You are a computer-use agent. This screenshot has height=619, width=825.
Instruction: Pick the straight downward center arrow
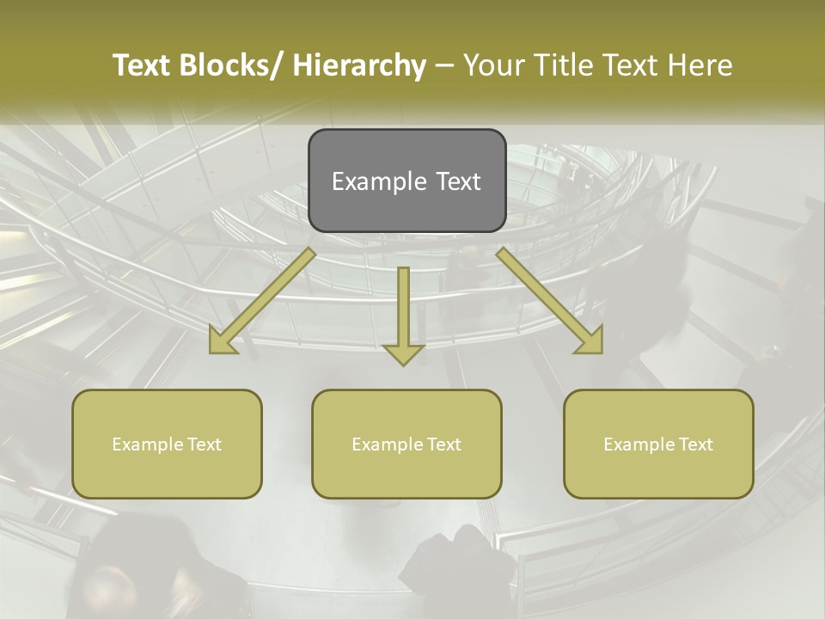tap(403, 309)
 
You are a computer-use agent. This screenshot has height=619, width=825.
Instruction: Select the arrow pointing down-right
tap(550, 301)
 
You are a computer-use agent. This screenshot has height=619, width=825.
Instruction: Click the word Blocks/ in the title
tap(232, 65)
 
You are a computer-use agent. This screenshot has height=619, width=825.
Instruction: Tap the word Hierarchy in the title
tap(359, 65)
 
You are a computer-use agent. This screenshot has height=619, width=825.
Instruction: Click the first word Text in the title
tap(143, 65)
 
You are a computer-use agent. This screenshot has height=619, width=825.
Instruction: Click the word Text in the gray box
tap(458, 181)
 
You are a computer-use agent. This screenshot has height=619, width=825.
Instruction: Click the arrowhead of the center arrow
tap(403, 353)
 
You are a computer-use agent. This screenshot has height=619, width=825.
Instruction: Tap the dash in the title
tap(445, 66)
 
